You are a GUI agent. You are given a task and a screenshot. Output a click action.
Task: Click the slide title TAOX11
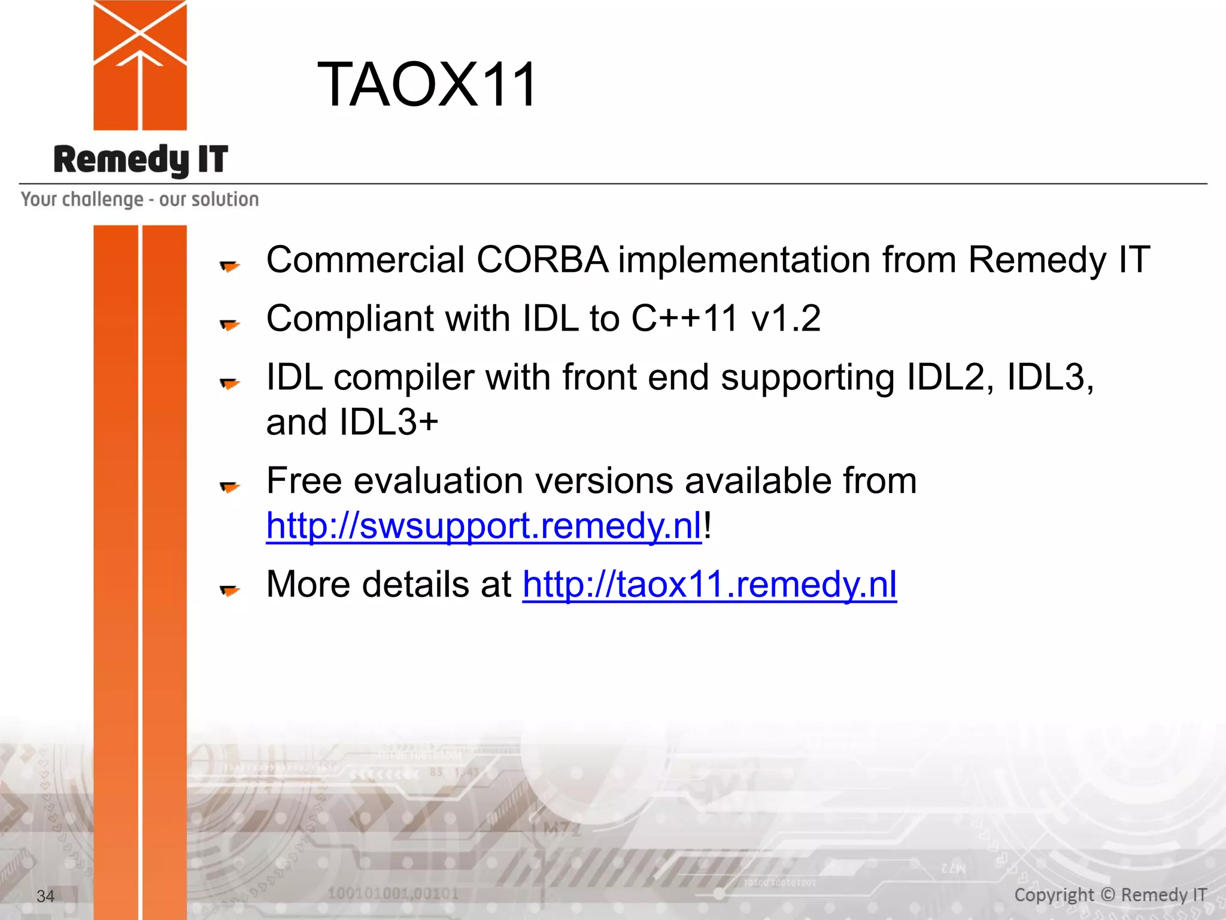point(427,85)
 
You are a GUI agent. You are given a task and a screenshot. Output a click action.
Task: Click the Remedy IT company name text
point(141,160)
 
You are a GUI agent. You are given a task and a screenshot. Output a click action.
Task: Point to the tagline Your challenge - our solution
point(139,199)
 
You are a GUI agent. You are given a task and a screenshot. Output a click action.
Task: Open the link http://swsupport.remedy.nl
point(483,526)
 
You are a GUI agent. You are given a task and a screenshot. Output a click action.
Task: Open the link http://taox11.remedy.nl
point(709,585)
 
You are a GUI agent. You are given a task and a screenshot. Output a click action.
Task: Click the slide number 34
point(45,896)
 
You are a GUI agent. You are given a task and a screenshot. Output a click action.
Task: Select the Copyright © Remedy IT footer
point(1110,895)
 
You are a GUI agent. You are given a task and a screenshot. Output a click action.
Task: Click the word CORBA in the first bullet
point(542,260)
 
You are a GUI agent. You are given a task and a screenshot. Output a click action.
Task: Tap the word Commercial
point(365,260)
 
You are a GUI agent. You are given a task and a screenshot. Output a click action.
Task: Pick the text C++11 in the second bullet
point(684,318)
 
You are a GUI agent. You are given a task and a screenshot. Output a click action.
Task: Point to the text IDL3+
point(389,422)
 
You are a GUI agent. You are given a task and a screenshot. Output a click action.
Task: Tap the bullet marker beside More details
point(229,591)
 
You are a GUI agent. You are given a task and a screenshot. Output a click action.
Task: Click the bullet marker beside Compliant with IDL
point(229,325)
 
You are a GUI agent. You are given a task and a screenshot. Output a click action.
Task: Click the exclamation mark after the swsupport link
point(708,526)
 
